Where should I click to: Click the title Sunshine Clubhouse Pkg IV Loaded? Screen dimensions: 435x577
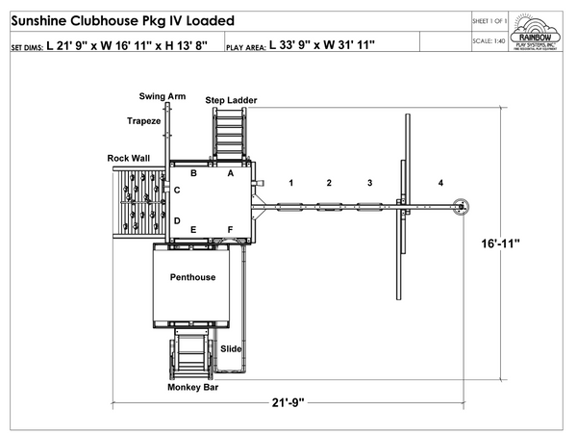point(121,21)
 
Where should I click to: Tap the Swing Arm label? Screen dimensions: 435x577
point(163,96)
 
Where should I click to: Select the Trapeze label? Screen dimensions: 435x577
point(144,120)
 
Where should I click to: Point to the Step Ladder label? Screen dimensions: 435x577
point(231,100)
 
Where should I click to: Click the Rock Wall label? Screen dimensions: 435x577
point(128,158)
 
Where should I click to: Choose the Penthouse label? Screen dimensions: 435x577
point(192,277)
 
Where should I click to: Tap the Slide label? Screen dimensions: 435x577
point(231,348)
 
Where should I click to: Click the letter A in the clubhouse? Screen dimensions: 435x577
point(230,174)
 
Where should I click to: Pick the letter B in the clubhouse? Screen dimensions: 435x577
point(193,173)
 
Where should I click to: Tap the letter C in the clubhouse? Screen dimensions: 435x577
point(177,191)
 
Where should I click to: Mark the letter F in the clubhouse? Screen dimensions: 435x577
point(230,228)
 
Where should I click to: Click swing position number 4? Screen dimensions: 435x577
point(440,182)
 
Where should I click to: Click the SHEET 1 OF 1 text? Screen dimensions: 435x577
point(491,18)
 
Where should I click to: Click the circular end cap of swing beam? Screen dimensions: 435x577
point(462,204)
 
